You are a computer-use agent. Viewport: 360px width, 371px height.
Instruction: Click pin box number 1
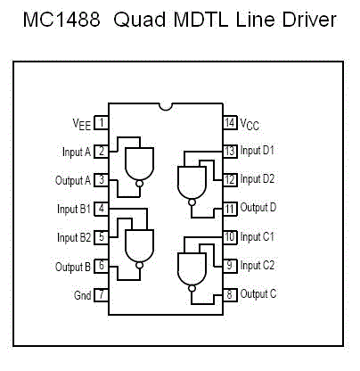click(x=102, y=123)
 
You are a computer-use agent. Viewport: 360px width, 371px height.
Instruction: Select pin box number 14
click(x=230, y=122)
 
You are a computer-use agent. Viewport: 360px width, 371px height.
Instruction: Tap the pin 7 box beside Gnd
click(x=102, y=295)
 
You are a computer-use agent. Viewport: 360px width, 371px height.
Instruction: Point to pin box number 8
click(x=230, y=294)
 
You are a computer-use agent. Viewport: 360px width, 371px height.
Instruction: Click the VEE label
click(x=82, y=124)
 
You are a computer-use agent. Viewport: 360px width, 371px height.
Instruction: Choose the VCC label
click(x=250, y=124)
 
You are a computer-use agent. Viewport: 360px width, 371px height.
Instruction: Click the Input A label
click(x=77, y=152)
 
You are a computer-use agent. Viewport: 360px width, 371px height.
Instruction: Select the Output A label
click(x=73, y=180)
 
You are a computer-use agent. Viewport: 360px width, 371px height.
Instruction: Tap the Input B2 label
click(x=74, y=238)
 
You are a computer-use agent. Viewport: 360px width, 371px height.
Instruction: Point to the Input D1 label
click(x=257, y=151)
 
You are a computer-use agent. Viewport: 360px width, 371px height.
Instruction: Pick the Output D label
click(x=258, y=207)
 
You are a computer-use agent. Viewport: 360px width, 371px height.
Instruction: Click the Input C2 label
click(x=258, y=265)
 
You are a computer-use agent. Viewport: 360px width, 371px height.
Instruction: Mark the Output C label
click(x=258, y=293)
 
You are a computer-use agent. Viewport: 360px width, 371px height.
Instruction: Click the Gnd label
click(x=82, y=295)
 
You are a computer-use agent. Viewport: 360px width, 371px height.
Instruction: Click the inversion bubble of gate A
click(x=139, y=184)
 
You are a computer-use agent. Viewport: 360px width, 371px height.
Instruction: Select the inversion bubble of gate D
click(x=192, y=202)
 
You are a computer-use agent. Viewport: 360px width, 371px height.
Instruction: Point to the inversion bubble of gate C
click(x=192, y=288)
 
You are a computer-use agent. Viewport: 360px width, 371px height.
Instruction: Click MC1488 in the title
click(x=61, y=20)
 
